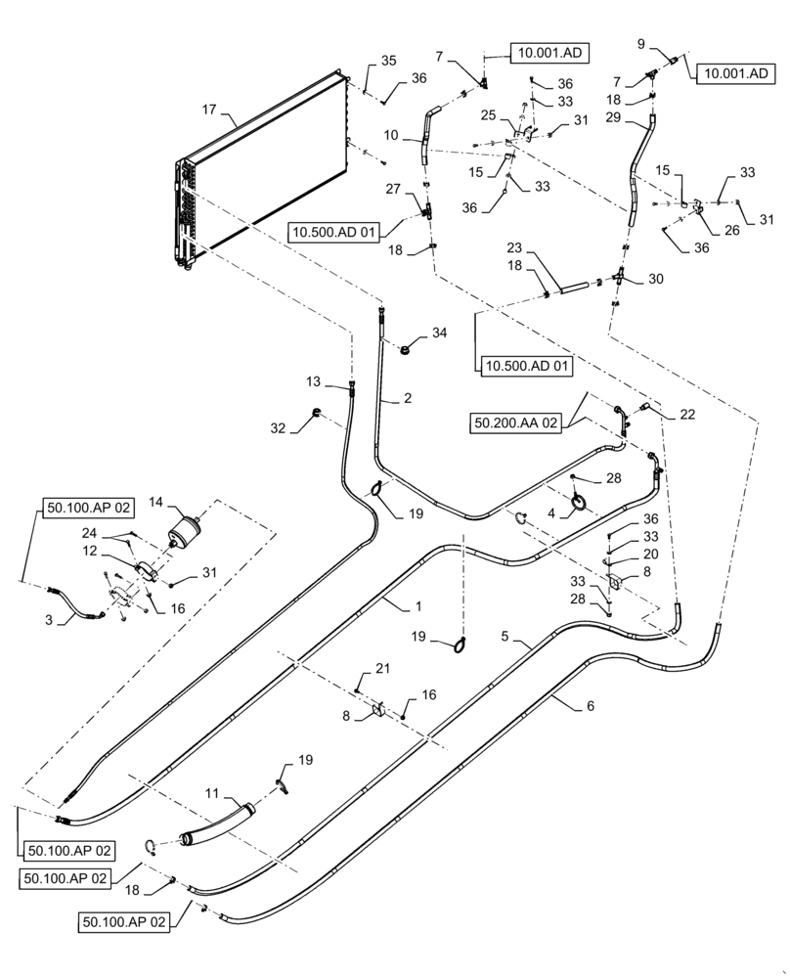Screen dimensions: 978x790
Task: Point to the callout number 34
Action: (x=439, y=333)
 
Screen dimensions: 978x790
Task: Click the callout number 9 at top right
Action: (x=641, y=43)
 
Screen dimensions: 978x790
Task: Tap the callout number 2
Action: (x=408, y=398)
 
